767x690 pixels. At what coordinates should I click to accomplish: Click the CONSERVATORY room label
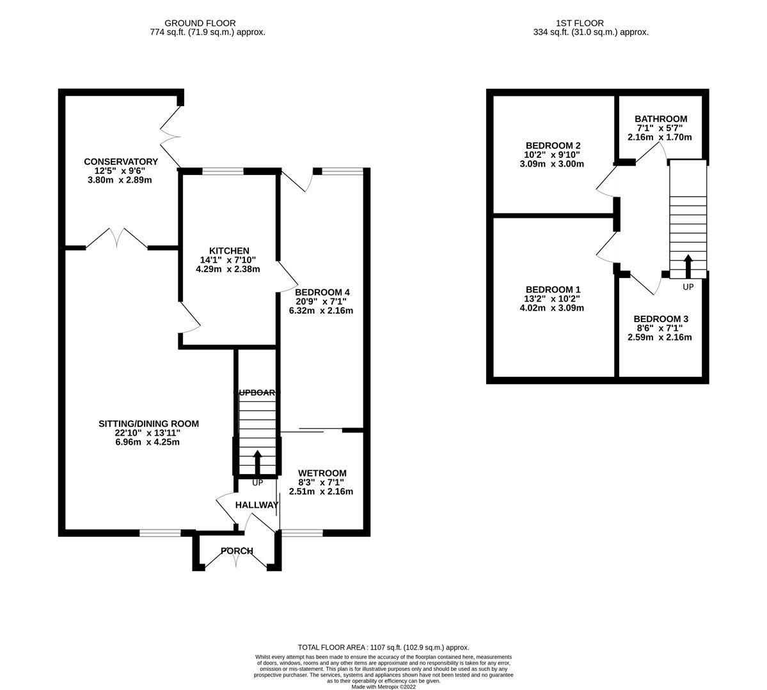tap(120, 162)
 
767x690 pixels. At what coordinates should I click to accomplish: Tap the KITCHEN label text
tap(228, 250)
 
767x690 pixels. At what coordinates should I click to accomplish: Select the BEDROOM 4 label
tap(322, 292)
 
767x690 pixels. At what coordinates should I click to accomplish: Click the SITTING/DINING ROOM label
tap(148, 424)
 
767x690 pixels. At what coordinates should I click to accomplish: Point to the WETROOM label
tap(322, 473)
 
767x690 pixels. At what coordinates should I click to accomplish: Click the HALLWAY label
tap(257, 505)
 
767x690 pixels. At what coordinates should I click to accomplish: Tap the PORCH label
tap(237, 551)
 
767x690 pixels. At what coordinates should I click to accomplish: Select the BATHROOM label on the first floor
tap(660, 119)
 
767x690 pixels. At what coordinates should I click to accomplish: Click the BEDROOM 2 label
tap(553, 145)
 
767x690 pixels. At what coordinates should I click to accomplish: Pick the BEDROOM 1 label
tap(553, 289)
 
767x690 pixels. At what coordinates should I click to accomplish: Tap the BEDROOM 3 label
tap(661, 319)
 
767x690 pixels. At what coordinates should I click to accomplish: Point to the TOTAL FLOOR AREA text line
tap(384, 647)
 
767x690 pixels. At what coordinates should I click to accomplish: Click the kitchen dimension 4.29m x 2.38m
tap(228, 269)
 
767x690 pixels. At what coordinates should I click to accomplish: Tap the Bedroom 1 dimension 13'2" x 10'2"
tap(553, 298)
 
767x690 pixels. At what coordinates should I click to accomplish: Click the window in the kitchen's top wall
tap(223, 171)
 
